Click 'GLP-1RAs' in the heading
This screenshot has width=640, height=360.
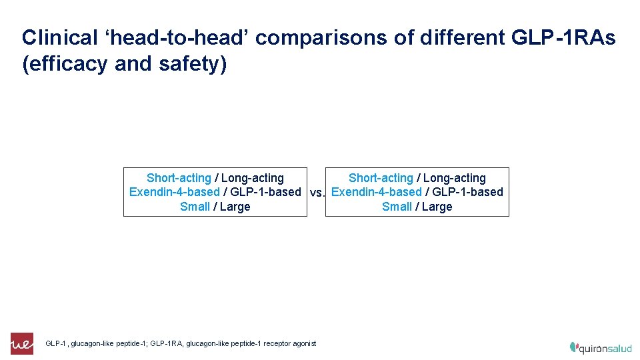[x=563, y=38]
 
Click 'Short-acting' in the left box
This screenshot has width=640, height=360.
[x=179, y=178]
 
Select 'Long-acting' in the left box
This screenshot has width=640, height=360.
[x=253, y=178]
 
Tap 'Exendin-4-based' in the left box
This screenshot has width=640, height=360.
[x=174, y=192]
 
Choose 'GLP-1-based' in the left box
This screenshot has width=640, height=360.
[x=265, y=192]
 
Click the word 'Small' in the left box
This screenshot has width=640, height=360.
[x=195, y=207]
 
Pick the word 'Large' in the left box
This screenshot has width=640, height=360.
[x=235, y=207]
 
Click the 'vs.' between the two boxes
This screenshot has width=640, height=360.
[x=317, y=193]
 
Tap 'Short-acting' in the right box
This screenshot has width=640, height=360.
[x=381, y=178]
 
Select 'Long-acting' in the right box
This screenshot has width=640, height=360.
[x=455, y=178]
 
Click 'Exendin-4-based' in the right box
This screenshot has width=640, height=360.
[x=376, y=192]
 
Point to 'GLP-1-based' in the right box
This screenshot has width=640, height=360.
[x=467, y=192]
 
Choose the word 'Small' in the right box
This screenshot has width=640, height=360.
[x=397, y=207]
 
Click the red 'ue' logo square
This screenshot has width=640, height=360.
[x=22, y=343]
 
